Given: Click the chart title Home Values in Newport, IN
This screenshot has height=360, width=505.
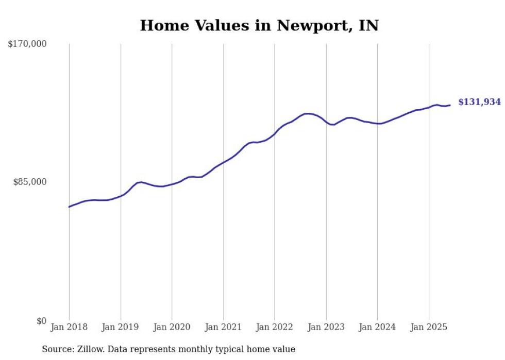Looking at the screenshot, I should coord(259,25).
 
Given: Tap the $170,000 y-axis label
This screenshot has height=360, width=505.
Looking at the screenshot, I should coord(27,44).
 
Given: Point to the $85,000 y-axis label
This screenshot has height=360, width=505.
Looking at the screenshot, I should coord(30,182).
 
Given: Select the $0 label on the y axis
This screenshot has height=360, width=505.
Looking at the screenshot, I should coord(41,321).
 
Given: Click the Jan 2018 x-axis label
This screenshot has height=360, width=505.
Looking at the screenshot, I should coord(69,327).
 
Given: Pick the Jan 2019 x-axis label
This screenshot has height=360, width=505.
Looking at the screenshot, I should coord(121,327).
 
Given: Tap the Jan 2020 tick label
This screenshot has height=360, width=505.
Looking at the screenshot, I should coord(172,327).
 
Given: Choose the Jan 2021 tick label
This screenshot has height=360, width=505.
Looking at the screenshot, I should coord(223,327).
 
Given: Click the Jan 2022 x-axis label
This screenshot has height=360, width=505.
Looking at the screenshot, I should coord(275,327).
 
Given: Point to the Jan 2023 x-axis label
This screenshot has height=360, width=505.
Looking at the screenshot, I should coord(326,327).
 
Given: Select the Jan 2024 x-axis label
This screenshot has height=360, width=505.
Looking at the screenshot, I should coord(377,327).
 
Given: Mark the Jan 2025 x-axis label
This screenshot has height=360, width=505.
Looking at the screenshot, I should coord(429,327).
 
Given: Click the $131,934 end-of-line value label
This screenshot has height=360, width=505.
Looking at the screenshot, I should coord(479,102).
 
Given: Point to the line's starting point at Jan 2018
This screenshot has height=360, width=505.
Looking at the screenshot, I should coord(69,207).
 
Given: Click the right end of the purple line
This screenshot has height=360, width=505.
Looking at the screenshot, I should coord(450,105).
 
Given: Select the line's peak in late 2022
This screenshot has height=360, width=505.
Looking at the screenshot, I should coord(308,113).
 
